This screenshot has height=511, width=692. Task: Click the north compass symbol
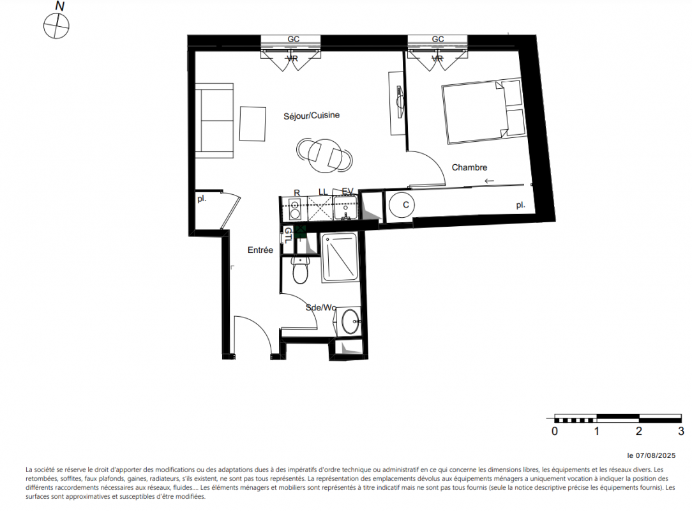pos(56,26)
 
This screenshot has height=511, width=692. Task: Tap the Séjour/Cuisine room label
pos(312,116)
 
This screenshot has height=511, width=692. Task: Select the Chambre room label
pos(470,167)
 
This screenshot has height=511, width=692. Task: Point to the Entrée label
pos(260,250)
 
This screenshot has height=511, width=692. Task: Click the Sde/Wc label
pos(321,307)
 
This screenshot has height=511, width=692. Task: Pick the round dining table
pos(324,156)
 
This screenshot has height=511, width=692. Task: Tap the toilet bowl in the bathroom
pos(301,270)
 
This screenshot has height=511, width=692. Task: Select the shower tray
pos(340,257)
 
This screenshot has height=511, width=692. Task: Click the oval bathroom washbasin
pos(351,321)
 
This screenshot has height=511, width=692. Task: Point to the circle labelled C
pos(402,205)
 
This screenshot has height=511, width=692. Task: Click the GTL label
pos(288,236)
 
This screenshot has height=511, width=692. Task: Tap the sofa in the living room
pos(214,121)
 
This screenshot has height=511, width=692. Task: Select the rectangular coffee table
pos(253,124)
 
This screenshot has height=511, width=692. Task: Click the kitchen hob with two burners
pos(295,210)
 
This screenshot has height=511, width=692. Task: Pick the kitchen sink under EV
pos(346,208)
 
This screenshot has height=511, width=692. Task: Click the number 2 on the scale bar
pos(639,431)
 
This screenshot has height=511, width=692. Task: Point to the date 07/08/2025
pos(656,455)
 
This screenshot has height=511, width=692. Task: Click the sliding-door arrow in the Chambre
pos(489,181)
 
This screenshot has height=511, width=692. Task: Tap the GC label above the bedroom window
pos(438,40)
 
